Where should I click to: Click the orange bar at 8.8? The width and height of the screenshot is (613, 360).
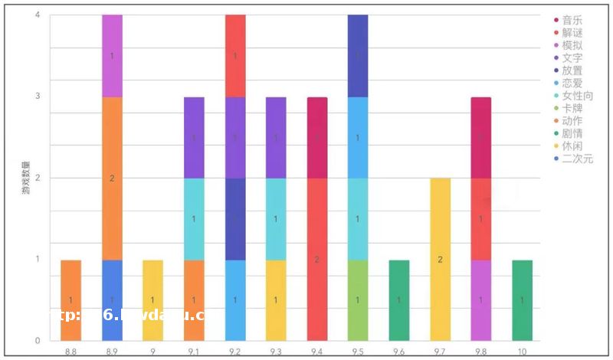click(70, 300)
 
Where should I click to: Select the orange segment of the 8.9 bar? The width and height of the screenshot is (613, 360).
click(112, 178)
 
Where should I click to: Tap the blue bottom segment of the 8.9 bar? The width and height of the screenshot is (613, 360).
click(112, 300)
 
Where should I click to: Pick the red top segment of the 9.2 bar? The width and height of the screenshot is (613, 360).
click(235, 56)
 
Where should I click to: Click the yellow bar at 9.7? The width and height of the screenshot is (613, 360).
click(440, 259)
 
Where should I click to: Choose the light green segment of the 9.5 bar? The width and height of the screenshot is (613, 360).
click(358, 300)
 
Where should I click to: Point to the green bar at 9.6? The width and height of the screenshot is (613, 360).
click(398, 300)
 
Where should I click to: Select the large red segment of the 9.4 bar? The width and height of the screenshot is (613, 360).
click(317, 259)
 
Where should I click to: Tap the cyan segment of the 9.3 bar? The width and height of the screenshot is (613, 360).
click(276, 219)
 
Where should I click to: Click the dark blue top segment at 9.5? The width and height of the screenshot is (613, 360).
click(358, 56)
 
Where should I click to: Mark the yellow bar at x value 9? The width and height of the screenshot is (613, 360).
click(152, 300)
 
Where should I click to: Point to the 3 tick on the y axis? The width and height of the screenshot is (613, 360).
click(38, 97)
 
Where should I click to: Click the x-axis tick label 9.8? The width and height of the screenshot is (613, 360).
click(481, 351)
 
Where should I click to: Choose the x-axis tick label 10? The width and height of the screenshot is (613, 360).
click(522, 351)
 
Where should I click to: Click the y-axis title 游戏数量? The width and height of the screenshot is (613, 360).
click(25, 178)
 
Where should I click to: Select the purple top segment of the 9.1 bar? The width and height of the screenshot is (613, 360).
click(194, 137)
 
